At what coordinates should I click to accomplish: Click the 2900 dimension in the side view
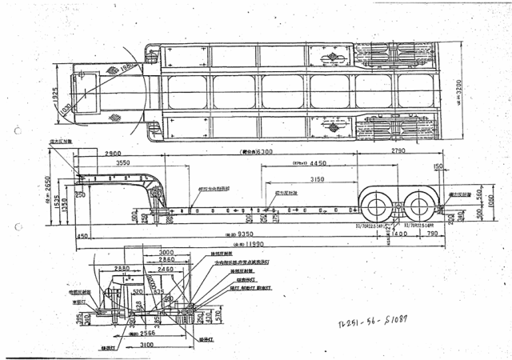pyautogui.click(x=112, y=152)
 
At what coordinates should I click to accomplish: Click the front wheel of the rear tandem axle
pyautogui.click(x=376, y=206)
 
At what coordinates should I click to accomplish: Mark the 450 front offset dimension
pyautogui.click(x=82, y=237)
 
